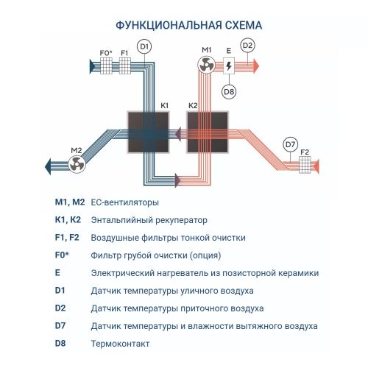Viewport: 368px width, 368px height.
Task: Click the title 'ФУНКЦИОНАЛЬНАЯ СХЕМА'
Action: point(184,24)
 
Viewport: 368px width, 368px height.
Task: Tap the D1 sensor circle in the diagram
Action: point(144,47)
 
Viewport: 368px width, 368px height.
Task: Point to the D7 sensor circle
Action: point(291,144)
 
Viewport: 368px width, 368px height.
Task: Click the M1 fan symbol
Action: point(207,66)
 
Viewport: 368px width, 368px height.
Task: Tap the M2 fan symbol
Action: point(76,166)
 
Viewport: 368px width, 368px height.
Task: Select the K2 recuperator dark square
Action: point(209,132)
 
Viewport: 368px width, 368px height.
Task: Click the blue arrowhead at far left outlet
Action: point(48,166)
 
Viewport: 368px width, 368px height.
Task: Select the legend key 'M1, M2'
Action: point(70,202)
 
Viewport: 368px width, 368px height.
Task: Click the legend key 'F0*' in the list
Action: point(63,255)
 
